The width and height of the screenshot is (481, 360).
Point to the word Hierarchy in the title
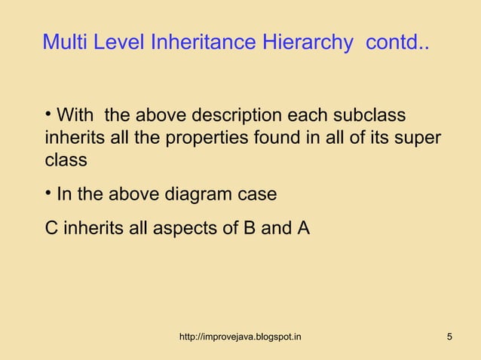[308, 42]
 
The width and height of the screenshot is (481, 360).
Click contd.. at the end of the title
[398, 42]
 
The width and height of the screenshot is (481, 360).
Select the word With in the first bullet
[75, 117]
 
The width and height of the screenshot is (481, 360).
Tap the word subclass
[368, 117]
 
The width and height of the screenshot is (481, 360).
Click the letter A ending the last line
[303, 227]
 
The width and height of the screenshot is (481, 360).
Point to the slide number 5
[449, 336]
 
